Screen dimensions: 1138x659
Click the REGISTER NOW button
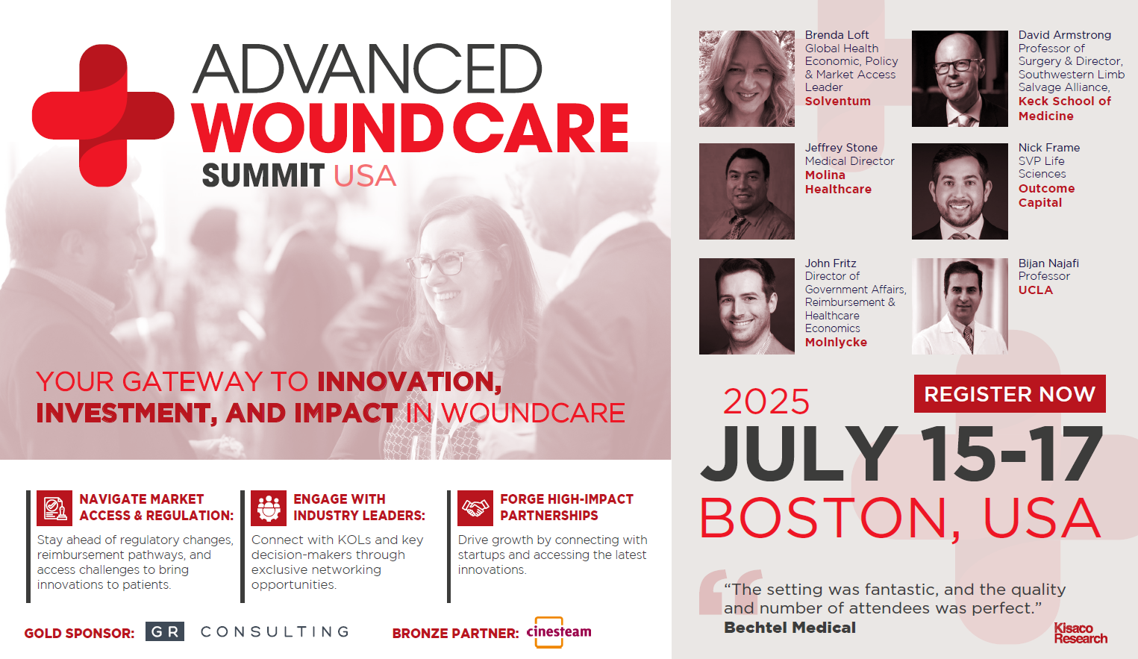(1010, 394)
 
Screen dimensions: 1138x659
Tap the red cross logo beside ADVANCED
(103, 116)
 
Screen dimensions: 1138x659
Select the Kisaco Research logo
(1081, 633)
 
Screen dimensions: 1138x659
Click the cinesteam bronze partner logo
(559, 632)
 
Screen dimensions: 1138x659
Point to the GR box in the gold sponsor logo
(165, 631)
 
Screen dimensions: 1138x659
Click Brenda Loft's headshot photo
(746, 79)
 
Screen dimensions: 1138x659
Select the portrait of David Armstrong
(960, 79)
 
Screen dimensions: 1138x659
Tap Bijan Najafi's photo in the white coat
(960, 306)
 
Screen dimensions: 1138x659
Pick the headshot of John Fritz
(746, 306)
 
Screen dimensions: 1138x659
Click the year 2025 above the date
(766, 402)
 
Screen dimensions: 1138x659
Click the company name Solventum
(838, 101)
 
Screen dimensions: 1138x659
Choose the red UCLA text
(1035, 290)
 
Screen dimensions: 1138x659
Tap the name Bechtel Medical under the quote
(790, 628)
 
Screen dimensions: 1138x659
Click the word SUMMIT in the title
(263, 176)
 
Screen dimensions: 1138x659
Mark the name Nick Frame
(1049, 147)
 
